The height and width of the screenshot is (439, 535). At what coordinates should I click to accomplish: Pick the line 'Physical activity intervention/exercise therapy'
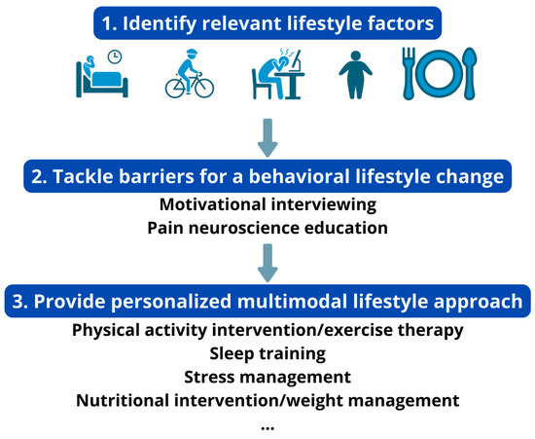tap(267, 330)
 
